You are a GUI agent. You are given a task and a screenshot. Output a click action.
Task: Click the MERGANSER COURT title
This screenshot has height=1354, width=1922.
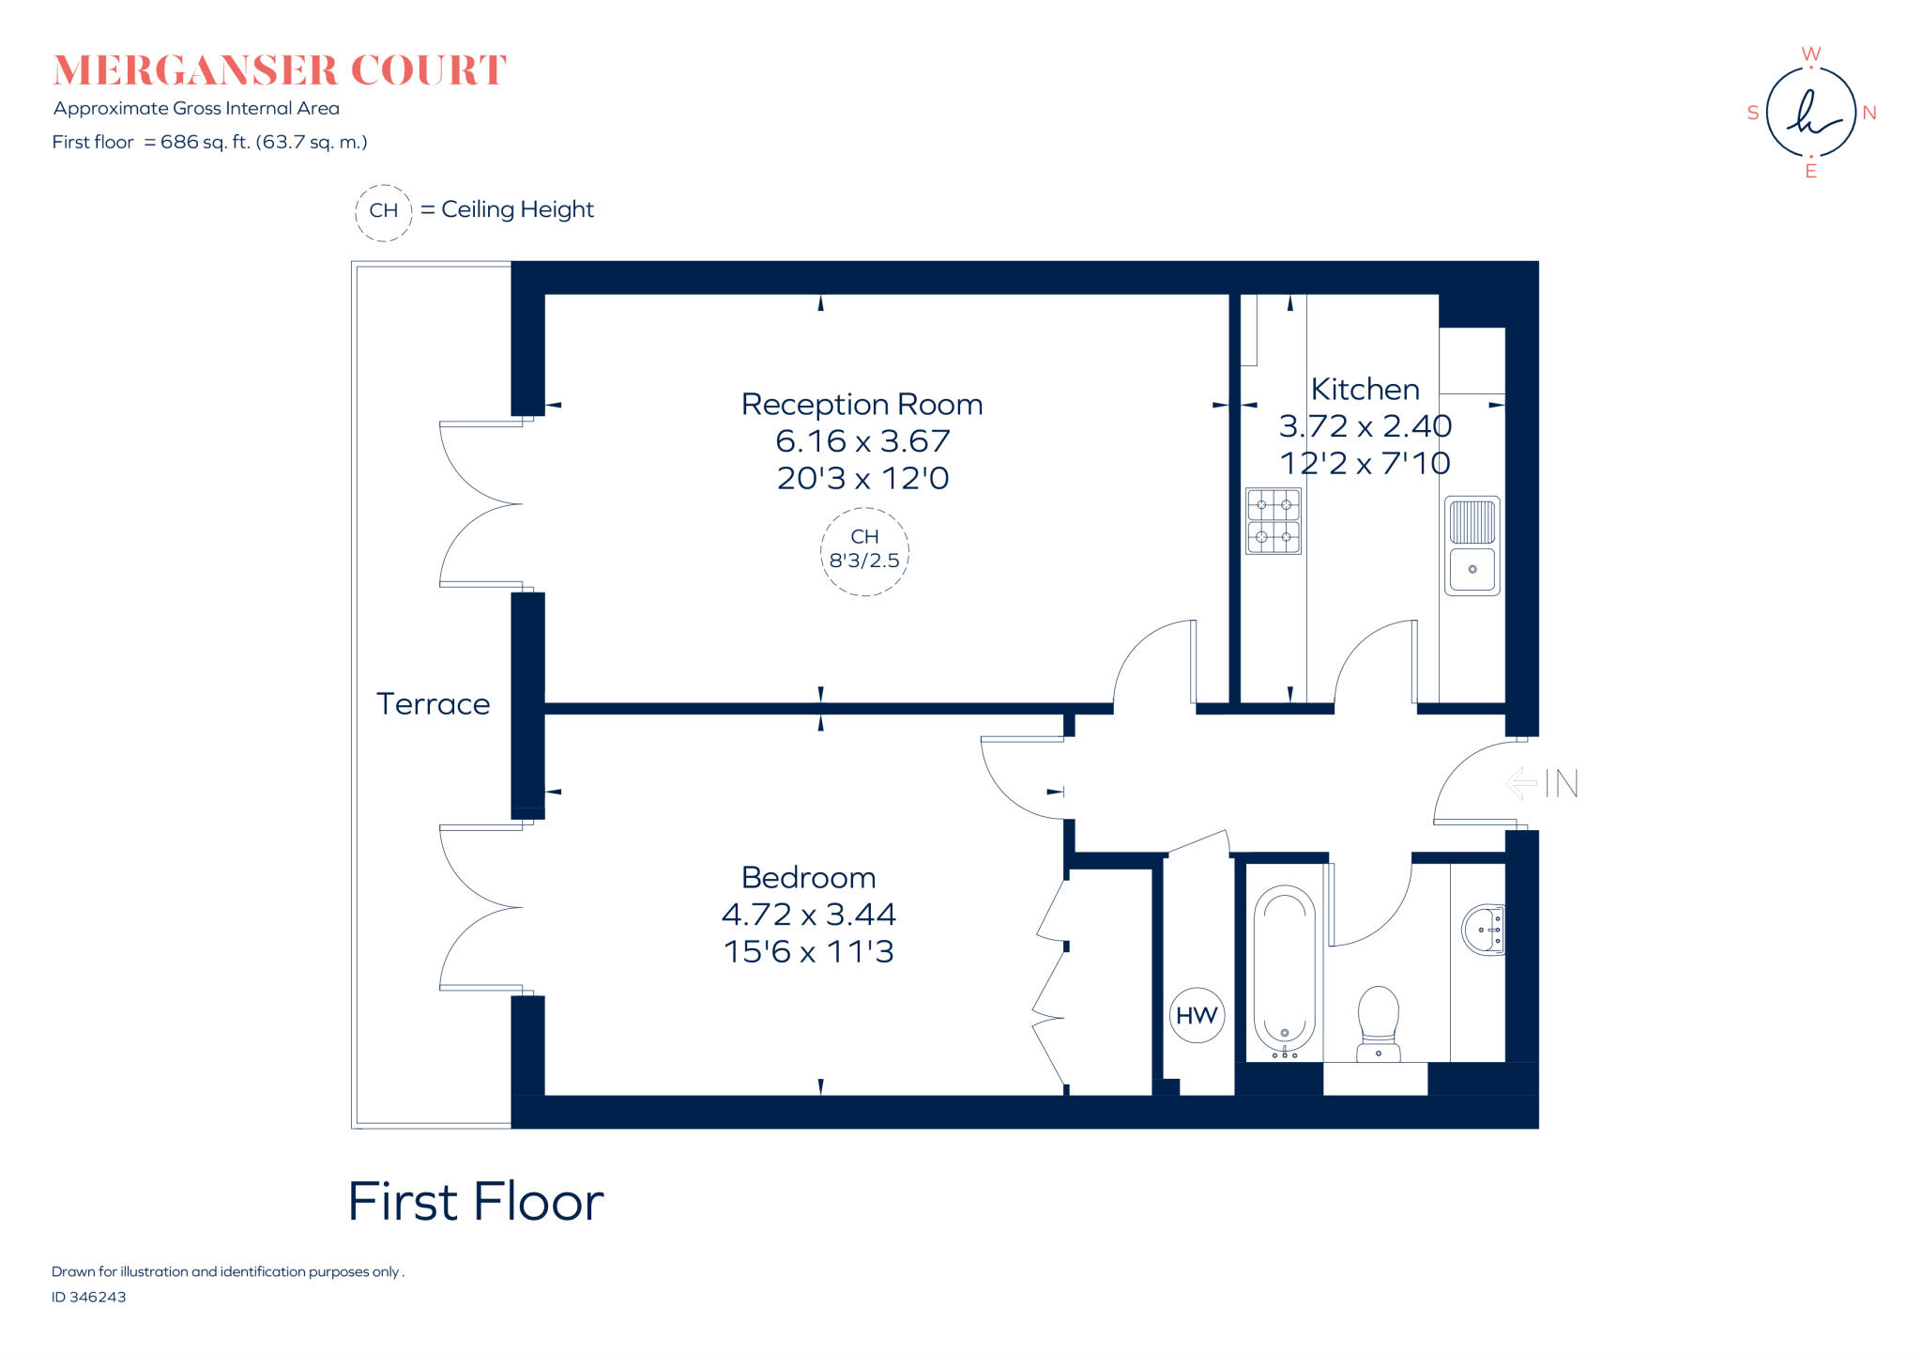click(x=280, y=71)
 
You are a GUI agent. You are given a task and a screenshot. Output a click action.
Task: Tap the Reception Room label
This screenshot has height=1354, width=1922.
click(x=862, y=405)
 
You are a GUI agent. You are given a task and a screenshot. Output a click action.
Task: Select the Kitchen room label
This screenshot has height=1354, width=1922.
click(x=1365, y=390)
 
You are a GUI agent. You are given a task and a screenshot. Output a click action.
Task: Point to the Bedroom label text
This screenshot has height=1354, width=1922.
click(x=808, y=878)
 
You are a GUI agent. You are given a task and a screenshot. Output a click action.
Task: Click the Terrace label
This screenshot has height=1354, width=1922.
click(x=433, y=704)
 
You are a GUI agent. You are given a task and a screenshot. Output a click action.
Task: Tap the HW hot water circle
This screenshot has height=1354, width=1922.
click(x=1197, y=1015)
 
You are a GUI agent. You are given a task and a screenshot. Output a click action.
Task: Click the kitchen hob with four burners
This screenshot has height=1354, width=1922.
click(x=1274, y=521)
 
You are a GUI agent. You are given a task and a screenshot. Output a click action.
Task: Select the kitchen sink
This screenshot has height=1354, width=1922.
click(x=1472, y=546)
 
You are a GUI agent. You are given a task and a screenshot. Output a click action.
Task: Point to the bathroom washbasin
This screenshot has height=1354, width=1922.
click(x=1484, y=930)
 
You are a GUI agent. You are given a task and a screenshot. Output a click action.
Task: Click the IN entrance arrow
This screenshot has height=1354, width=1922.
click(x=1542, y=783)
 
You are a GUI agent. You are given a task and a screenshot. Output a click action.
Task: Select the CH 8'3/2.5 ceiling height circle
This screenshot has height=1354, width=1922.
click(x=864, y=551)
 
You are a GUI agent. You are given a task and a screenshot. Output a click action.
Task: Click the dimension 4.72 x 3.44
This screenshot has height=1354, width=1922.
click(x=808, y=915)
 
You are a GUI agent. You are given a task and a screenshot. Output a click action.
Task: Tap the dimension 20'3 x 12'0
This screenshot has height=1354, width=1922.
click(x=862, y=479)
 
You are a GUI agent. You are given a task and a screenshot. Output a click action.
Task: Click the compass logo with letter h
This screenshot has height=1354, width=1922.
click(x=1810, y=113)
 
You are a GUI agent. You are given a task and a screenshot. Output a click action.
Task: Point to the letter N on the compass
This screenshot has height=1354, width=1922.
click(x=1869, y=114)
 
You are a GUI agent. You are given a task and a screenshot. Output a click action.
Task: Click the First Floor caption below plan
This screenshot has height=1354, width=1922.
click(x=476, y=1202)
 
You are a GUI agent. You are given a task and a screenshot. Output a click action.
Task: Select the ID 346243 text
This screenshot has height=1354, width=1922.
click(x=89, y=1297)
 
